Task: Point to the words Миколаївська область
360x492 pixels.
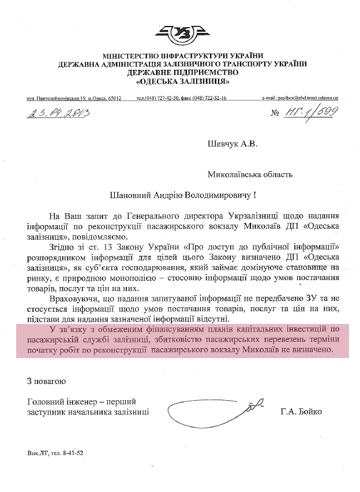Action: point(250,174)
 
